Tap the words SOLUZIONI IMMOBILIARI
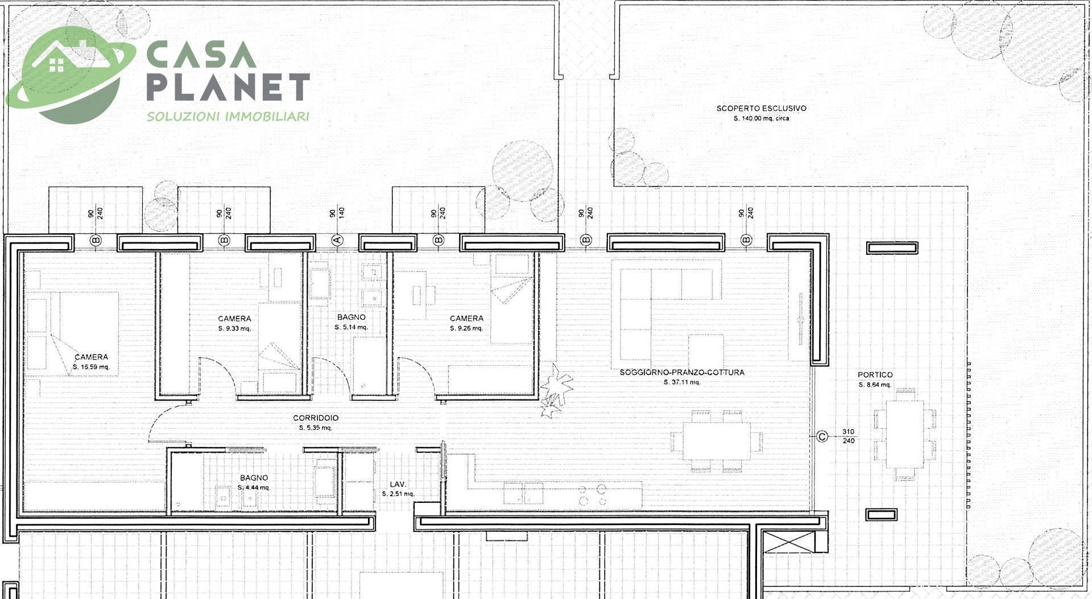pyautogui.click(x=228, y=117)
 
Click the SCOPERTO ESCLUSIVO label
pyautogui.click(x=761, y=108)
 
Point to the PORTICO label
pyautogui.click(x=875, y=375)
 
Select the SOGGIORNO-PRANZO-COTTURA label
pyautogui.click(x=682, y=373)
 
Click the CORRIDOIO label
pyautogui.click(x=316, y=418)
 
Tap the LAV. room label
pyautogui.click(x=398, y=484)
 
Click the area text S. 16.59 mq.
pyautogui.click(x=91, y=367)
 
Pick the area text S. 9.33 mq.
pyautogui.click(x=234, y=329)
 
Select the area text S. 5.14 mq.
pyautogui.click(x=351, y=327)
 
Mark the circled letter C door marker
pyautogui.click(x=822, y=437)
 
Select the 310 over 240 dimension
pyautogui.click(x=848, y=436)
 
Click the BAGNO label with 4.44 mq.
pyautogui.click(x=254, y=478)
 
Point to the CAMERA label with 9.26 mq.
pyautogui.click(x=466, y=319)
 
